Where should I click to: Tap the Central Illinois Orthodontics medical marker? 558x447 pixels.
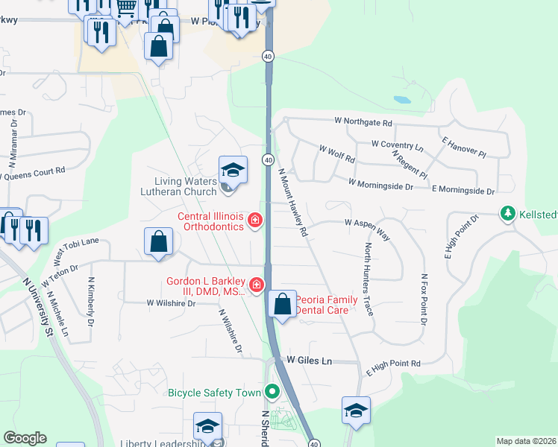[x=256, y=220]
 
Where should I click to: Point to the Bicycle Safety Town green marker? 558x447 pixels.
[x=273, y=391]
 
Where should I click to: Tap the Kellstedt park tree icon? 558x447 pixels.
[x=508, y=214]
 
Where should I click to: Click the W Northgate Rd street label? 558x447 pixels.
[x=363, y=121]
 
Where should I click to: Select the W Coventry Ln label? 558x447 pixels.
[x=396, y=144]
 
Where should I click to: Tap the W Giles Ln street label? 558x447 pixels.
[x=309, y=361]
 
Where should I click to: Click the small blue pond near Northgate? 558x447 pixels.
[x=401, y=99]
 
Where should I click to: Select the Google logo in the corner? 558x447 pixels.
[x=25, y=438]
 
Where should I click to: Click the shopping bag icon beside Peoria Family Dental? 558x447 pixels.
[x=282, y=304]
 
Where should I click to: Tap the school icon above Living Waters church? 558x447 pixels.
[x=233, y=171]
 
